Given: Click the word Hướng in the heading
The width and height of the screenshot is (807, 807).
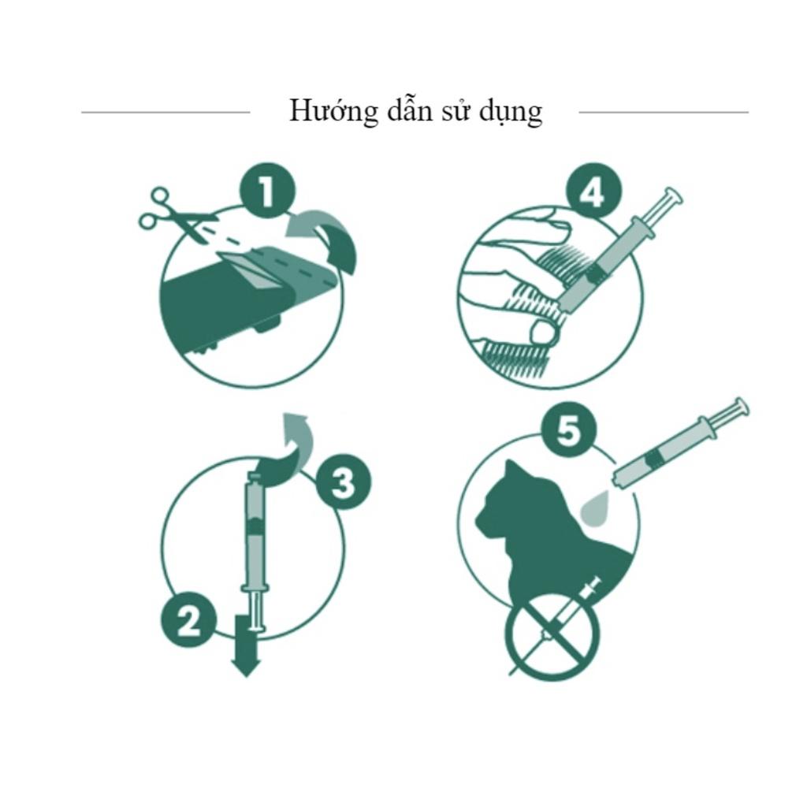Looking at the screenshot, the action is pos(333,111).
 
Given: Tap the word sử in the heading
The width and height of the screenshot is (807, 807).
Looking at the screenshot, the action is pos(456,111).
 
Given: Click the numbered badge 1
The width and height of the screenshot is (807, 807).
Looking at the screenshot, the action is pos(268,192).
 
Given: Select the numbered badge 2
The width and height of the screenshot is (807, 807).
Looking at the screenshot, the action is pos(188,619).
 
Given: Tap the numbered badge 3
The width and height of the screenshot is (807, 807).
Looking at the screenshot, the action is pos(343,482).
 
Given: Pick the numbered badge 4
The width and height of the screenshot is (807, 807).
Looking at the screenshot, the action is pos(593,192).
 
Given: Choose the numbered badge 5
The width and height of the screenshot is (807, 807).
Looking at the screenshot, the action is pos(569,430).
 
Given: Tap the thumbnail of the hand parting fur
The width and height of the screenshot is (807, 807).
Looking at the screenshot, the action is pos(545,332).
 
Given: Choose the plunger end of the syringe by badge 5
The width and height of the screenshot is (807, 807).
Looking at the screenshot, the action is pos(738,407).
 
